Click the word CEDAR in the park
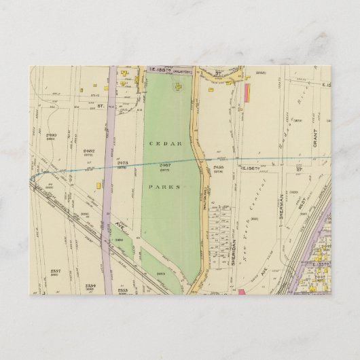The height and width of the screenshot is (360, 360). point(164,144)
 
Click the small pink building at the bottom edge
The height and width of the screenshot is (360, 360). point(240,292)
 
